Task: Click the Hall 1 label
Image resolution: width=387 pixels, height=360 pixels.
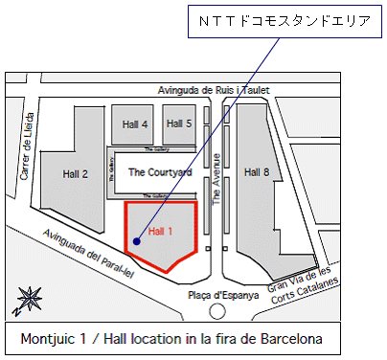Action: pos(161,231)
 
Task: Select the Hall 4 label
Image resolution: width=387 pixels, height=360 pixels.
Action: pos(135,124)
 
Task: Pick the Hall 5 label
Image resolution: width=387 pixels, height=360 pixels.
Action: pos(179,124)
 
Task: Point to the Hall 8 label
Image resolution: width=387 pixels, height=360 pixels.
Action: pos(258,172)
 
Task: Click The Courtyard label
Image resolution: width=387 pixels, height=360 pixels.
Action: pos(160,172)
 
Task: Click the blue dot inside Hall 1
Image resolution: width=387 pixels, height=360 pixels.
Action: pos(137,241)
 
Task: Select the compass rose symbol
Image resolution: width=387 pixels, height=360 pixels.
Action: pos(27,300)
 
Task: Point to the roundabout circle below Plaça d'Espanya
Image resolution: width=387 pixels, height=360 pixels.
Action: pos(218,311)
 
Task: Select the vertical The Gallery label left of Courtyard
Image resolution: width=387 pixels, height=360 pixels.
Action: pos(111,170)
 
